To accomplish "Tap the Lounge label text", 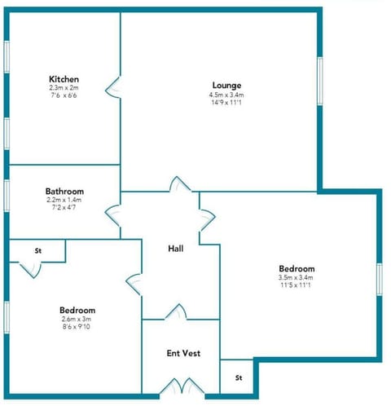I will coord(226,85).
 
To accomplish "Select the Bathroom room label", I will coord(64,192).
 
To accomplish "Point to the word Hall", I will coord(175,248).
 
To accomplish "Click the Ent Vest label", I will coord(183,353).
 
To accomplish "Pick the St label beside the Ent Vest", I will coord(239,378).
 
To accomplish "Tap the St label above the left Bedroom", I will coord(37,251).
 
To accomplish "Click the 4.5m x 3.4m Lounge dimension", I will coord(226,95).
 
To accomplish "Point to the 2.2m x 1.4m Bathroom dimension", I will coord(64,201).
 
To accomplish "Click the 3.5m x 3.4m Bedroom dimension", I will coord(297,278).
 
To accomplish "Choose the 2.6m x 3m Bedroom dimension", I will coord(77,320).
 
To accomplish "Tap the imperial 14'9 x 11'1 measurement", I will coord(226,103).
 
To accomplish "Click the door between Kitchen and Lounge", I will coord(116,84).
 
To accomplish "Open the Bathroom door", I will coord(113,216).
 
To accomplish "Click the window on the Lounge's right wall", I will coord(319,82).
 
